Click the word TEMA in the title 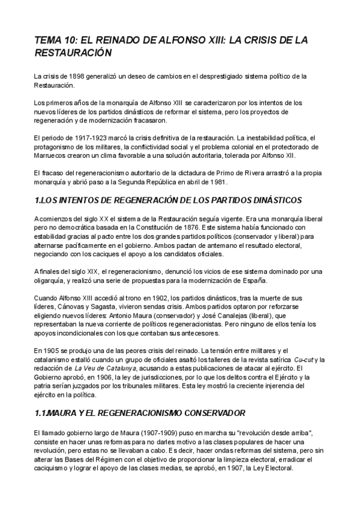tap(48, 40)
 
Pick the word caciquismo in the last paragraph tap(52, 469)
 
